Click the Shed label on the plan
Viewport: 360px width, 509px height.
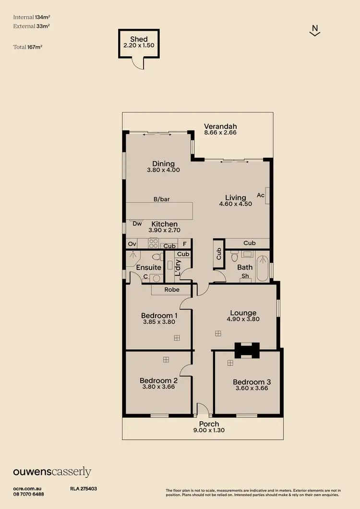tap(138, 39)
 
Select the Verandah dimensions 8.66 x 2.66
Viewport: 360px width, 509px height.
tap(220, 132)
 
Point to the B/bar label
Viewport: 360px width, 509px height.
tap(161, 199)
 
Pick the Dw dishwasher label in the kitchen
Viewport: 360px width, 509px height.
tap(136, 223)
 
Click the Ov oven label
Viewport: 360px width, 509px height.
tap(132, 244)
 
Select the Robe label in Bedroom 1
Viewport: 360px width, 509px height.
tap(172, 289)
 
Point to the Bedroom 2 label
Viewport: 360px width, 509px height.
tap(159, 380)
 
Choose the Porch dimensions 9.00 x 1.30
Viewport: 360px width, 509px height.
tap(209, 430)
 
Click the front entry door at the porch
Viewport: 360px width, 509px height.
tap(203, 410)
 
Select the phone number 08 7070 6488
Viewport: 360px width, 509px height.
tap(29, 494)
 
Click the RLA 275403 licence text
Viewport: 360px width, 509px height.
tap(84, 488)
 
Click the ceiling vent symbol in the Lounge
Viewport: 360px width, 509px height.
tap(218, 333)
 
